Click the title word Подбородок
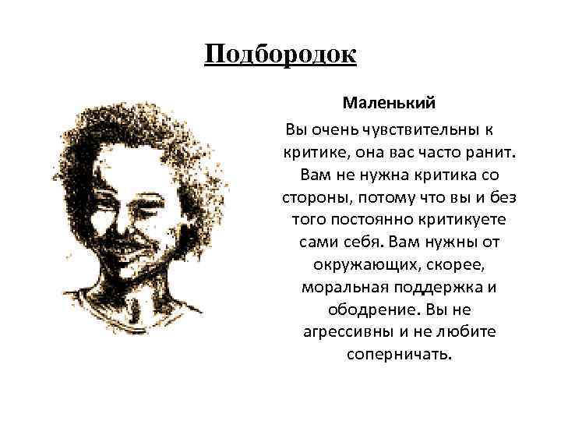click(280, 55)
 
